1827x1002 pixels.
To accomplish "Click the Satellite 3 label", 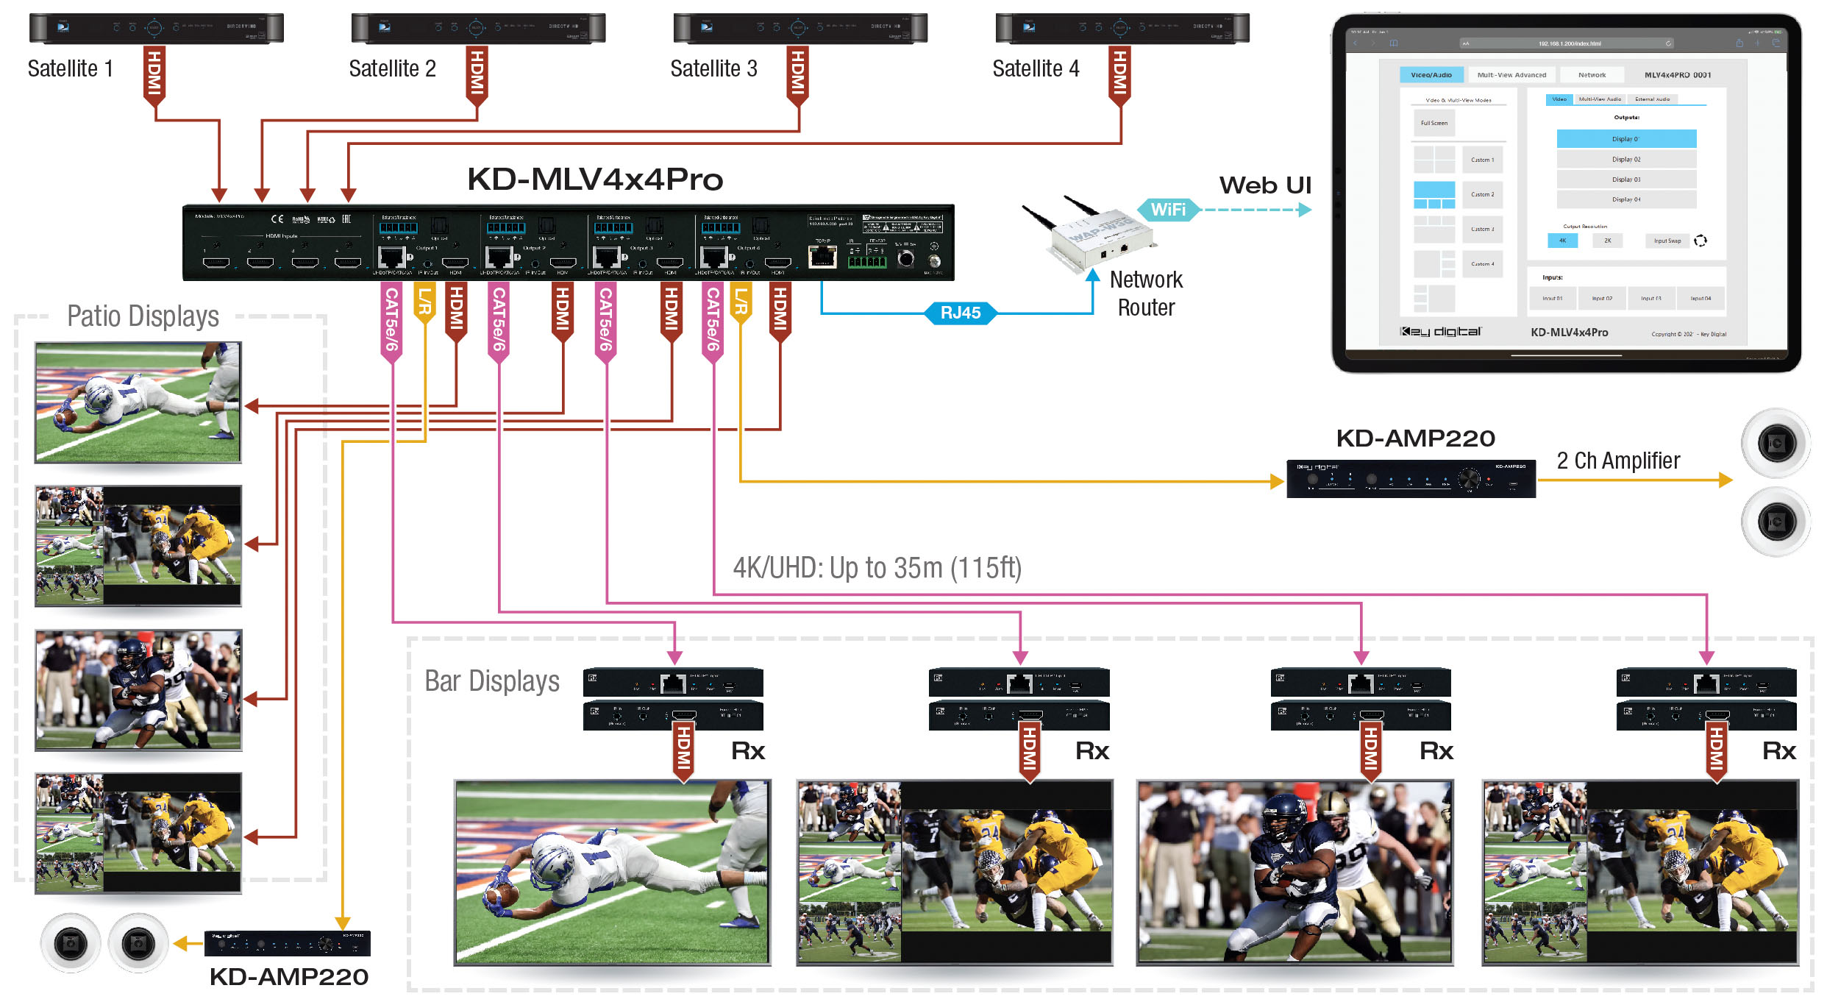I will pos(713,68).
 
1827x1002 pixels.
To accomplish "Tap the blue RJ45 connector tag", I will pos(960,313).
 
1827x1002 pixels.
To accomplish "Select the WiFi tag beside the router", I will pos(1168,210).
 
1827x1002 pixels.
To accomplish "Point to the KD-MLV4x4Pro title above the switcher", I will pos(595,180).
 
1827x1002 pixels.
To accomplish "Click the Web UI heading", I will pos(1265,185).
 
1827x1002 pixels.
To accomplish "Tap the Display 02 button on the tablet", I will pos(1626,159).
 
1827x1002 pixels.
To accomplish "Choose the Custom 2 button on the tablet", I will pos(1482,194).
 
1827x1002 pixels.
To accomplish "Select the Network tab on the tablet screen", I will pos(1592,75).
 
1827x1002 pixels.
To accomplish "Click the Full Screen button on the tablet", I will pos(1434,123).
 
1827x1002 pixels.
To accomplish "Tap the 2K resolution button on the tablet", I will pos(1607,241).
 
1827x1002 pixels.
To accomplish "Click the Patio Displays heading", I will pos(143,316).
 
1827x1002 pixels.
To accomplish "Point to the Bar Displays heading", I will pos(492,681).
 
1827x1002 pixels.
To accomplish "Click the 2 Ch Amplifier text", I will pos(1618,461).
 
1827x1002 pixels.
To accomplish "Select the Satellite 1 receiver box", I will pos(156,28).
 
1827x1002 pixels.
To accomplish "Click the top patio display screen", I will pos(138,402).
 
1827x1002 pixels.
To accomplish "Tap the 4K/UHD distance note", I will pos(877,568).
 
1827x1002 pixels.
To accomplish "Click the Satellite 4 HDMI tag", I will pos(1119,74).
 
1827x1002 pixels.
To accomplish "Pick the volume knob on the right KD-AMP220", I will pos(1469,480).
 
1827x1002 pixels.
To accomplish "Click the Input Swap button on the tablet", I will pos(1667,241).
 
